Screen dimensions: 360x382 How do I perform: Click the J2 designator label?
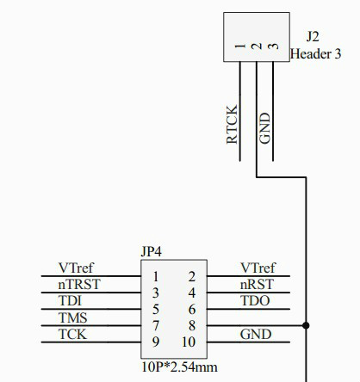[x=313, y=37]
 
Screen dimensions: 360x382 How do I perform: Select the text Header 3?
[x=315, y=53]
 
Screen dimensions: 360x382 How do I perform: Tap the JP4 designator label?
[x=151, y=251]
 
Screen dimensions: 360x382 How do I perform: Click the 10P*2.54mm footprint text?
[x=179, y=367]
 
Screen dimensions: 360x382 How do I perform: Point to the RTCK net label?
[x=232, y=124]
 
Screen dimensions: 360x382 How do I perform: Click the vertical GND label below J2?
[x=264, y=128]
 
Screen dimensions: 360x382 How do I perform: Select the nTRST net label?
[x=79, y=284]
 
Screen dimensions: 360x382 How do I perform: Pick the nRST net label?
[x=257, y=284]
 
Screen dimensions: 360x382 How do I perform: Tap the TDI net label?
[x=70, y=300]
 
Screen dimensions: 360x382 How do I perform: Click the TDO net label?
[x=255, y=300]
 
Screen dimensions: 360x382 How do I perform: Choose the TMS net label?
[x=72, y=317]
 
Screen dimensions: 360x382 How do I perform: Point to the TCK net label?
[x=72, y=334]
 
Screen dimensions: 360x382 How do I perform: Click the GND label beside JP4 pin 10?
[x=256, y=334]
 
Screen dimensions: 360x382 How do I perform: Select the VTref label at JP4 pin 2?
[x=258, y=268]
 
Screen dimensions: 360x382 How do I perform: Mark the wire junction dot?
[x=306, y=325]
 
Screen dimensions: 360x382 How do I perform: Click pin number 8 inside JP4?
[x=192, y=325]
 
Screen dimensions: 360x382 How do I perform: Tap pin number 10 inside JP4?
[x=189, y=342]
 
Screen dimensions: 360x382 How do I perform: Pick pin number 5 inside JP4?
[x=156, y=309]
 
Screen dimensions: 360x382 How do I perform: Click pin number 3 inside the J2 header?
[x=273, y=46]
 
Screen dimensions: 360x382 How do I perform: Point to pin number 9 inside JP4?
[x=156, y=342]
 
